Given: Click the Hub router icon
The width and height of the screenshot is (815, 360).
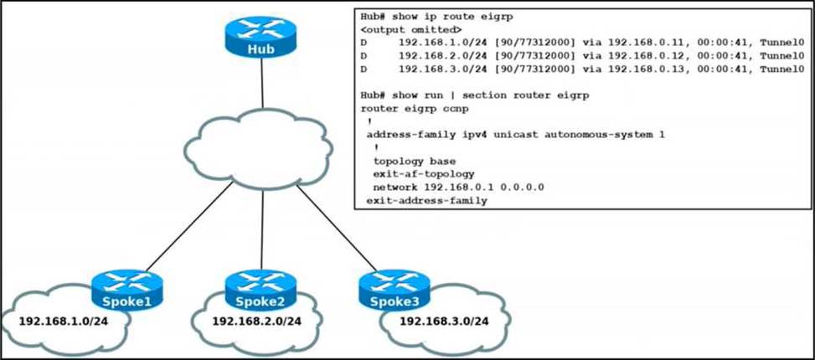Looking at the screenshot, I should click(261, 38).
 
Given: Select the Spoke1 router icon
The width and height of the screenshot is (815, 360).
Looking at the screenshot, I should click(126, 290).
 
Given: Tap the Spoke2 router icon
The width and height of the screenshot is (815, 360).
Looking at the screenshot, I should click(260, 290).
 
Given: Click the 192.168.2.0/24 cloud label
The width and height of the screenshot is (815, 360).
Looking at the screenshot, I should click(256, 321).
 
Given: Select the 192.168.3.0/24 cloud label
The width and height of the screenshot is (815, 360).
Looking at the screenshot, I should click(443, 321).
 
